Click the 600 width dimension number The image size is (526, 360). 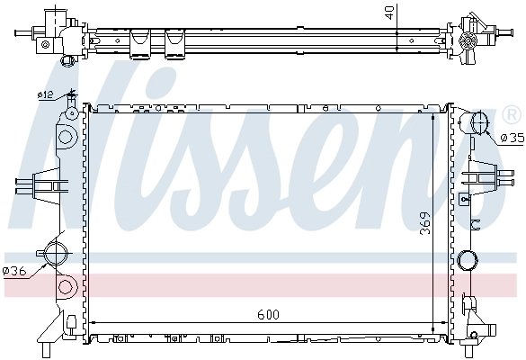(267, 314)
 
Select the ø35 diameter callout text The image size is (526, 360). (511, 138)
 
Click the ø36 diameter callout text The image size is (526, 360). (14, 269)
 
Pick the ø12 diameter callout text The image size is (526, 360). (44, 94)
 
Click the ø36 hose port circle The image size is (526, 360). (56, 251)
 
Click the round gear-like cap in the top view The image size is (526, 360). (468, 40)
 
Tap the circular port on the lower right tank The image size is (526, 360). (467, 261)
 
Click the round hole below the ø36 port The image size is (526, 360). (64, 288)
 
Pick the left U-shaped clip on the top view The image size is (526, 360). (139, 40)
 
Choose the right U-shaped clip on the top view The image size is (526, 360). (174, 40)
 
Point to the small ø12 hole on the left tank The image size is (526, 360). (71, 113)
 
